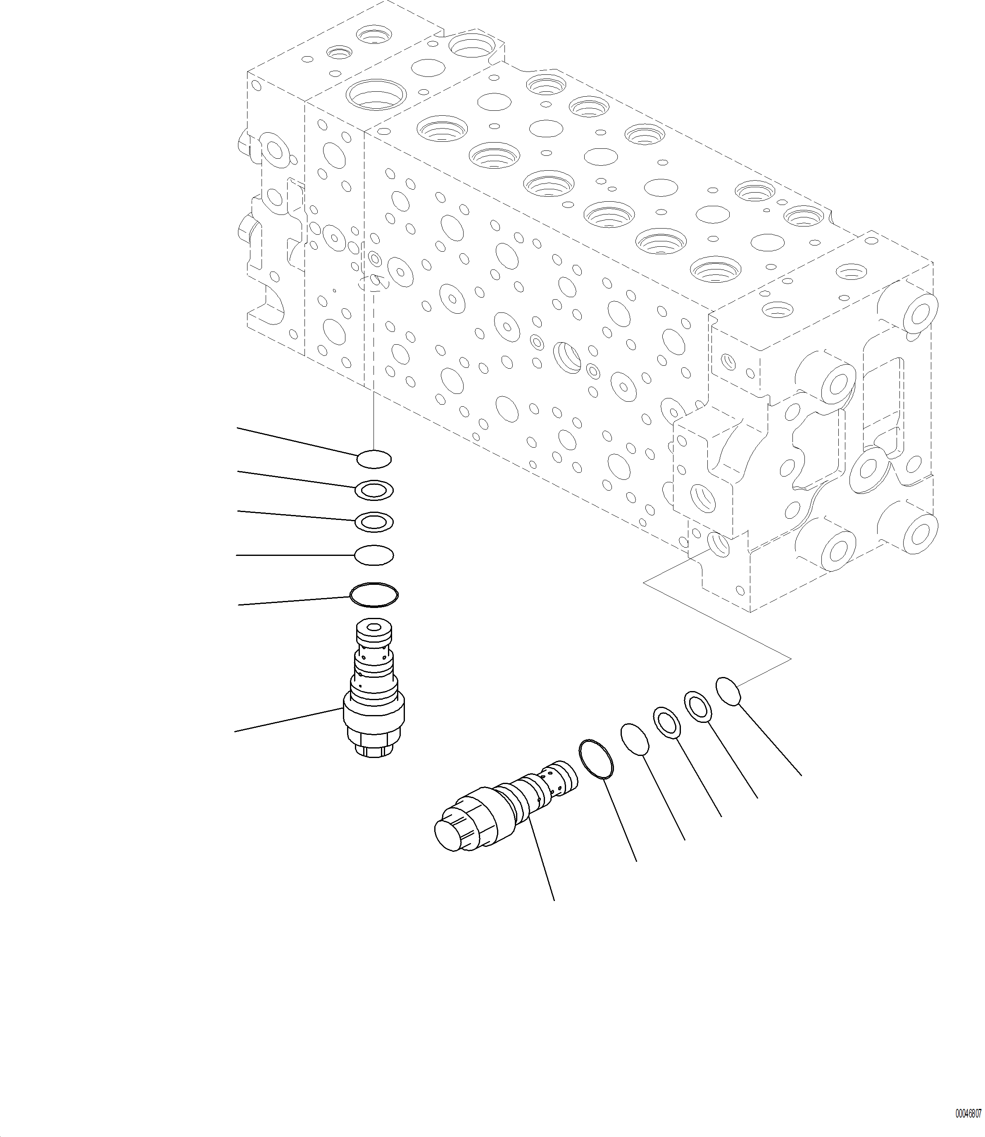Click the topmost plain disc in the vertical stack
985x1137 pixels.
[374, 458]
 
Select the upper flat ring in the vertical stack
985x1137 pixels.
[374, 490]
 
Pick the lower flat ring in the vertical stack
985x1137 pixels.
[374, 522]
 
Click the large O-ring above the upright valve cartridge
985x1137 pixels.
[374, 595]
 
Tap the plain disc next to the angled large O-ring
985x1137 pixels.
[635, 739]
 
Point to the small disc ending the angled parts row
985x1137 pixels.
[728, 691]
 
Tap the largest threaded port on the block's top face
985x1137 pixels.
[376, 95]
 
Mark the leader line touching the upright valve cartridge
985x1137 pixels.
[288, 720]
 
